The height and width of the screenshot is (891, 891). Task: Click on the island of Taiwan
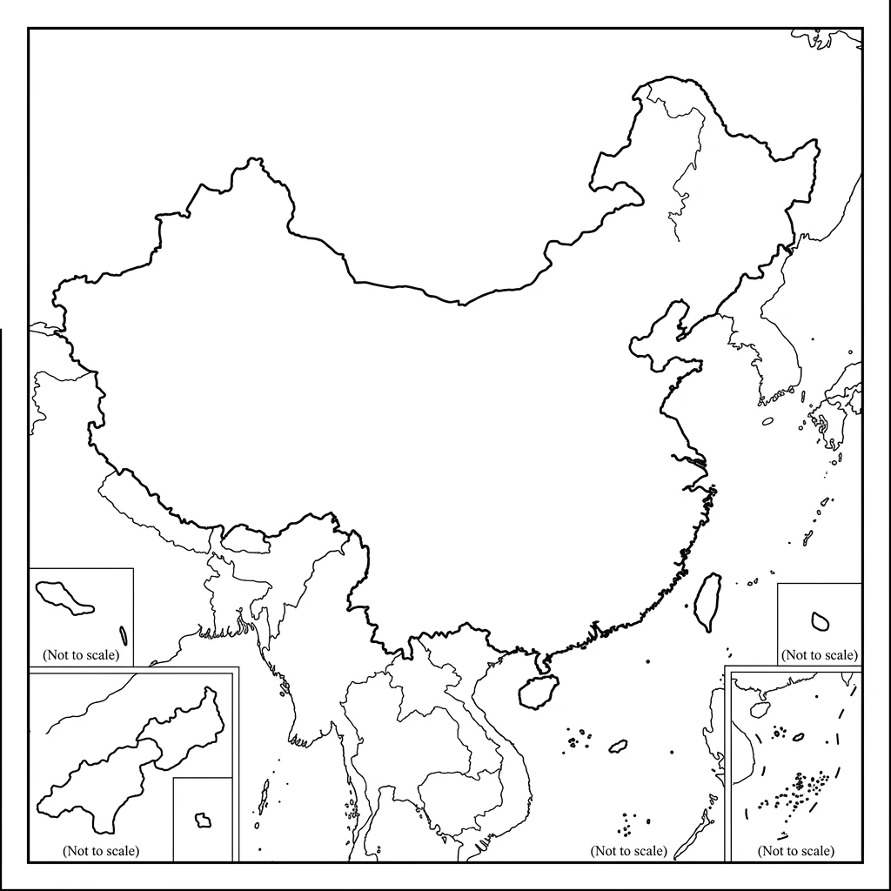click(x=708, y=600)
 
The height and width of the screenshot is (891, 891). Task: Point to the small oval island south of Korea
click(x=767, y=421)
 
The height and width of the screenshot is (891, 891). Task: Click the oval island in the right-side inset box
click(x=819, y=620)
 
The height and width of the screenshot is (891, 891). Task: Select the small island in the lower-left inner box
click(x=204, y=820)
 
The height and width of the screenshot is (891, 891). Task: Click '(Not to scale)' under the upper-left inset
click(x=81, y=653)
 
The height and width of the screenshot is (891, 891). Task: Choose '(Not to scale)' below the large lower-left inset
click(x=101, y=850)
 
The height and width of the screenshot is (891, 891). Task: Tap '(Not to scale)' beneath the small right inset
click(x=819, y=654)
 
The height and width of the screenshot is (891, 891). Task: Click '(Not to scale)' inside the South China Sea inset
click(x=795, y=850)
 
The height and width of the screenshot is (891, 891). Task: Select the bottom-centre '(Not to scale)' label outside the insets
click(x=628, y=850)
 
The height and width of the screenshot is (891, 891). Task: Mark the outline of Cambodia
click(x=461, y=796)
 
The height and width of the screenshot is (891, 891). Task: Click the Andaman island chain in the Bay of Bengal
click(x=264, y=796)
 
